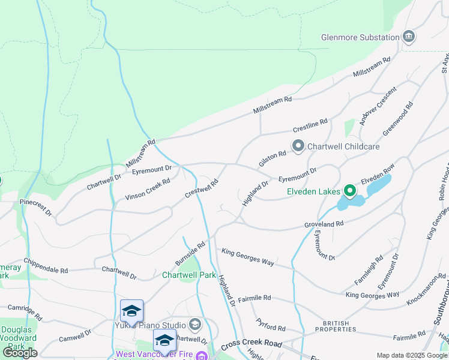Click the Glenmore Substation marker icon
pos(409,37)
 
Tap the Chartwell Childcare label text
pos(343,146)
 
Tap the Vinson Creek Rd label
pos(148,189)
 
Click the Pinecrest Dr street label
pos(35,207)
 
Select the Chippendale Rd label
pos(46,266)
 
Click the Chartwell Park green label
pos(189,275)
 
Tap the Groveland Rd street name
pos(324,224)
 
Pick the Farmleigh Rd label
pos(369,271)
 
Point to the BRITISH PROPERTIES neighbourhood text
pos(336,326)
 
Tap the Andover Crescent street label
pos(370,106)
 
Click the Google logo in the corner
pos(20,352)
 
